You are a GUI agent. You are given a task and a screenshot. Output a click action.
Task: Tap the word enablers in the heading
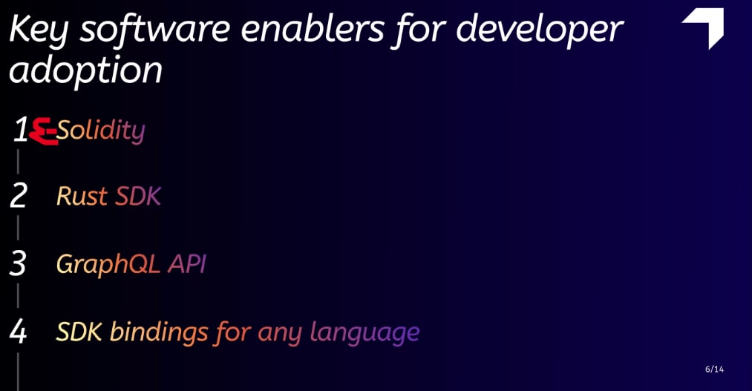pyautogui.click(x=313, y=29)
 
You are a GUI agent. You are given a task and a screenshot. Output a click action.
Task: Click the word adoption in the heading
pyautogui.click(x=85, y=70)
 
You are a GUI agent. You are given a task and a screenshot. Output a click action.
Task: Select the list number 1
pyautogui.click(x=21, y=129)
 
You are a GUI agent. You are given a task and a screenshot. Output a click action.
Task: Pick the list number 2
pyautogui.click(x=19, y=196)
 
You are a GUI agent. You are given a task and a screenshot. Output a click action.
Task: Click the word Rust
pyautogui.click(x=82, y=196)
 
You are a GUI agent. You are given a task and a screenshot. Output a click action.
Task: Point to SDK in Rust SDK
pyautogui.click(x=138, y=196)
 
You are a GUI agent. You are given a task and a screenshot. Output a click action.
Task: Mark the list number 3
pyautogui.click(x=18, y=263)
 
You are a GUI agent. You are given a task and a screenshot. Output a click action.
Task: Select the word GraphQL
pyautogui.click(x=108, y=264)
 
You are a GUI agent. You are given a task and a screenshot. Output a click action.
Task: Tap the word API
pyautogui.click(x=187, y=263)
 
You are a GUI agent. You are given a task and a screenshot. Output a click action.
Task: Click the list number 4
pyautogui.click(x=18, y=332)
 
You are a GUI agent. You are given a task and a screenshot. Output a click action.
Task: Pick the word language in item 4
pyautogui.click(x=365, y=332)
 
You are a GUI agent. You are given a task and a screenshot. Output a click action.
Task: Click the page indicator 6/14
pyautogui.click(x=715, y=369)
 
